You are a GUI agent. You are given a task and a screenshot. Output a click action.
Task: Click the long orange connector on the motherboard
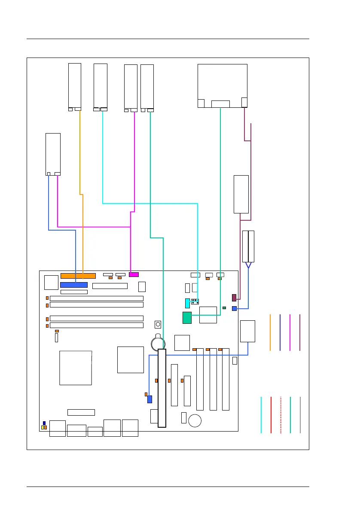pyautogui.click(x=78, y=276)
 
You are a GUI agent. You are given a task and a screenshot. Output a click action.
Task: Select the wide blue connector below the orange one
pyautogui.click(x=74, y=285)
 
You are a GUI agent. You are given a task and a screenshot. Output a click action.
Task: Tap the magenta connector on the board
pyautogui.click(x=134, y=274)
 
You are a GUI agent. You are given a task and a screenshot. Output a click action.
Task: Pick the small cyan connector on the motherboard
pyautogui.click(x=187, y=303)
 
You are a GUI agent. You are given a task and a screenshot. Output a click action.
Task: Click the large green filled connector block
pyautogui.click(x=187, y=318)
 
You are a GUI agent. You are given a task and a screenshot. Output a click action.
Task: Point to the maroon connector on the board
pyautogui.click(x=234, y=298)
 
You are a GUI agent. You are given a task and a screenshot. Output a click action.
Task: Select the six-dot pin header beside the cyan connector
pyautogui.click(x=195, y=301)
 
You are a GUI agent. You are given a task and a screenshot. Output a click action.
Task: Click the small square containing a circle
pyautogui.click(x=158, y=324)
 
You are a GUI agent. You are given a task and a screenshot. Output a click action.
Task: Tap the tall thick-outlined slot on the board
pyautogui.click(x=162, y=388)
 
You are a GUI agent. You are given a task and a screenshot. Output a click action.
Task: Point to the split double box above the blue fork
pyautogui.click(x=248, y=246)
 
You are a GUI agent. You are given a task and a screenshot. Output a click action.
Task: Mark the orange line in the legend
pyautogui.click(x=270, y=332)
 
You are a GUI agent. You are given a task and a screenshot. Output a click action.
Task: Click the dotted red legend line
pyautogui.click(x=281, y=415)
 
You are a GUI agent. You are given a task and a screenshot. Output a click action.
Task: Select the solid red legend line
pyautogui.click(x=271, y=415)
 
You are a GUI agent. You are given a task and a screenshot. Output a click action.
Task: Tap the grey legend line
pyautogui.click(x=300, y=415)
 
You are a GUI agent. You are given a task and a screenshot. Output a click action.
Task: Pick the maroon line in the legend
pyautogui.click(x=300, y=332)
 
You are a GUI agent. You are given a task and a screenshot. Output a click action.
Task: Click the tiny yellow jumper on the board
pyautogui.click(x=42, y=428)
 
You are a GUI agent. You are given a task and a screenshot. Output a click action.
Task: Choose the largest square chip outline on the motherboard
pyautogui.click(x=76, y=368)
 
